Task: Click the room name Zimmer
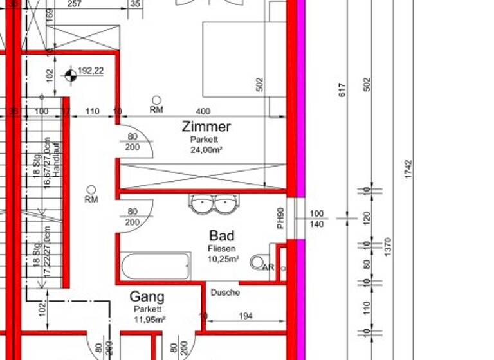pos(206,126)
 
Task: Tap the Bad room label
pos(221,236)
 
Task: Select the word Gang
pos(147,297)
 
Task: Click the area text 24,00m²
pos(205,150)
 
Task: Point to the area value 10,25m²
pos(223,259)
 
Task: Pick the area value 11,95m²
pos(149,319)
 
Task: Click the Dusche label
pos(224,292)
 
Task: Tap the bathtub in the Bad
pos(155,265)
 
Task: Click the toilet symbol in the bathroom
pos(259,262)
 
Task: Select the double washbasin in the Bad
pos(214,204)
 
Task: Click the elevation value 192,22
pos(91,71)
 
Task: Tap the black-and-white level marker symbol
pos(70,76)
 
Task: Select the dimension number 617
pos(342,90)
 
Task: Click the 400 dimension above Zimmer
pos(203,112)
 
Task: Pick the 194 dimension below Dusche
pos(244,316)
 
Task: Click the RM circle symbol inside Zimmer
pos(156,100)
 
